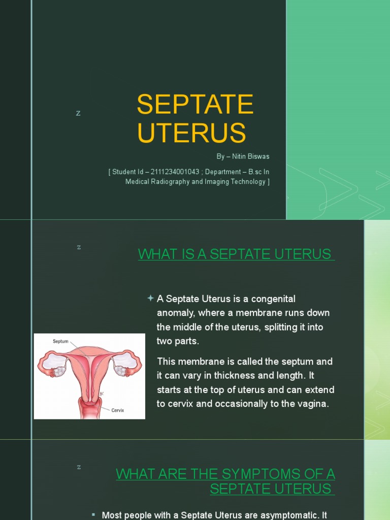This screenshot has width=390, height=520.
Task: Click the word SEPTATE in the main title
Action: (195, 105)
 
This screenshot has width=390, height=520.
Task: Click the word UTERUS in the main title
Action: (191, 133)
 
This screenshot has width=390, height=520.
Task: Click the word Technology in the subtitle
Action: (242, 182)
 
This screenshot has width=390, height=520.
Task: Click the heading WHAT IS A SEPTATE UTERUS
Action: (236, 254)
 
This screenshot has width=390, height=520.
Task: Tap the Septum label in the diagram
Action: (60, 341)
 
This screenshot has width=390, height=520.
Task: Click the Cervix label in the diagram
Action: (118, 410)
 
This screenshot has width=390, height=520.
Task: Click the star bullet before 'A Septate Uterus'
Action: (150, 299)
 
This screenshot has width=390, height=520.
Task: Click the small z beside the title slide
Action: (78, 113)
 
